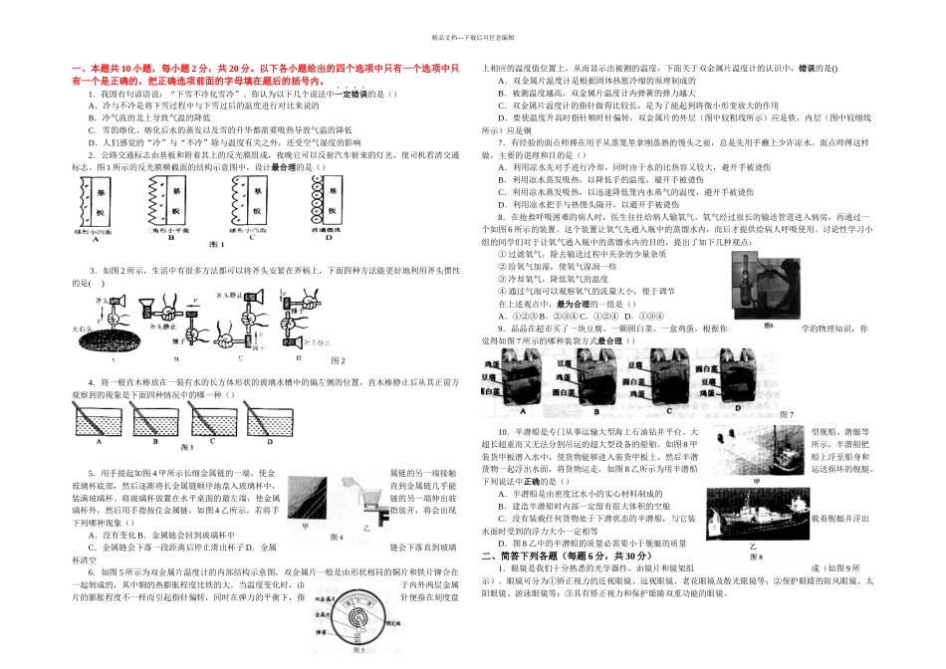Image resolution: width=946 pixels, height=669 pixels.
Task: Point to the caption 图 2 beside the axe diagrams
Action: pyautogui.click(x=338, y=359)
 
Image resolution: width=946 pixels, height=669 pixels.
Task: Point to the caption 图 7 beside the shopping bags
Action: pyautogui.click(x=787, y=413)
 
